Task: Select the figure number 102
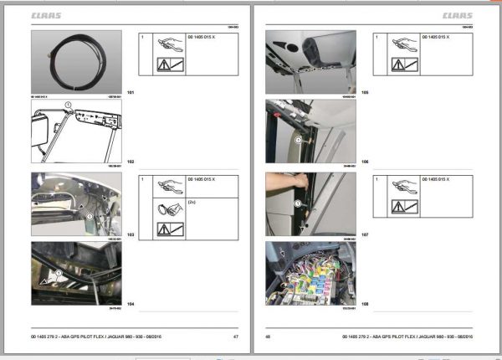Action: [130, 161]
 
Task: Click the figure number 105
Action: [364, 90]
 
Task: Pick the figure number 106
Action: [364, 161]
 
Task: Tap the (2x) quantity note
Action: [192, 202]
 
